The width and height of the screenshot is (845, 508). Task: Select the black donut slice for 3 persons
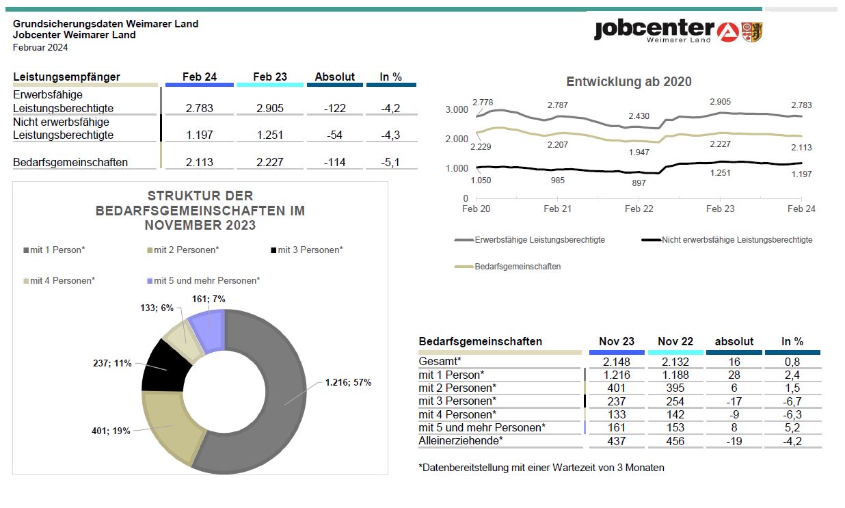coord(166,368)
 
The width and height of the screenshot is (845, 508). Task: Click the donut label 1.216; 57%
coord(348,382)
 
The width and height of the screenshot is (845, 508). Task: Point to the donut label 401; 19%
coord(111,431)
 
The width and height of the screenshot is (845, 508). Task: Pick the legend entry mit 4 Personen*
coord(59,280)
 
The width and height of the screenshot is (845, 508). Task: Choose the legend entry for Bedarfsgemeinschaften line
coord(508,266)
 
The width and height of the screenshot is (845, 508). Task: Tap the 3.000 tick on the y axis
coord(457,110)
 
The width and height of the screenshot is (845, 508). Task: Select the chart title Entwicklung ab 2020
coord(629,81)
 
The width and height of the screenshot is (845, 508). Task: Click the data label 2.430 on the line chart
coord(639,116)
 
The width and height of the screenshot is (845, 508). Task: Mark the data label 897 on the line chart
coord(639,183)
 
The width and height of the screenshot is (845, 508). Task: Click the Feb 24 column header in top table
coord(200,77)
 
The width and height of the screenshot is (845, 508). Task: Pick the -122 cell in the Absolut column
coord(334,108)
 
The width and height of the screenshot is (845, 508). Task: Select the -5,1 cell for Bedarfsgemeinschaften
coord(390,162)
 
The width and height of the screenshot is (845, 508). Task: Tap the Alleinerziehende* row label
coord(461,440)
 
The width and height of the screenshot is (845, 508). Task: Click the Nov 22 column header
coord(675,341)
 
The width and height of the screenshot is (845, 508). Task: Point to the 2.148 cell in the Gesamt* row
coord(617,362)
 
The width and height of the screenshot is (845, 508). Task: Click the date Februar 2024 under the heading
coord(40,48)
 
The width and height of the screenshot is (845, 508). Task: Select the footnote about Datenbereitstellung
coord(541,468)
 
